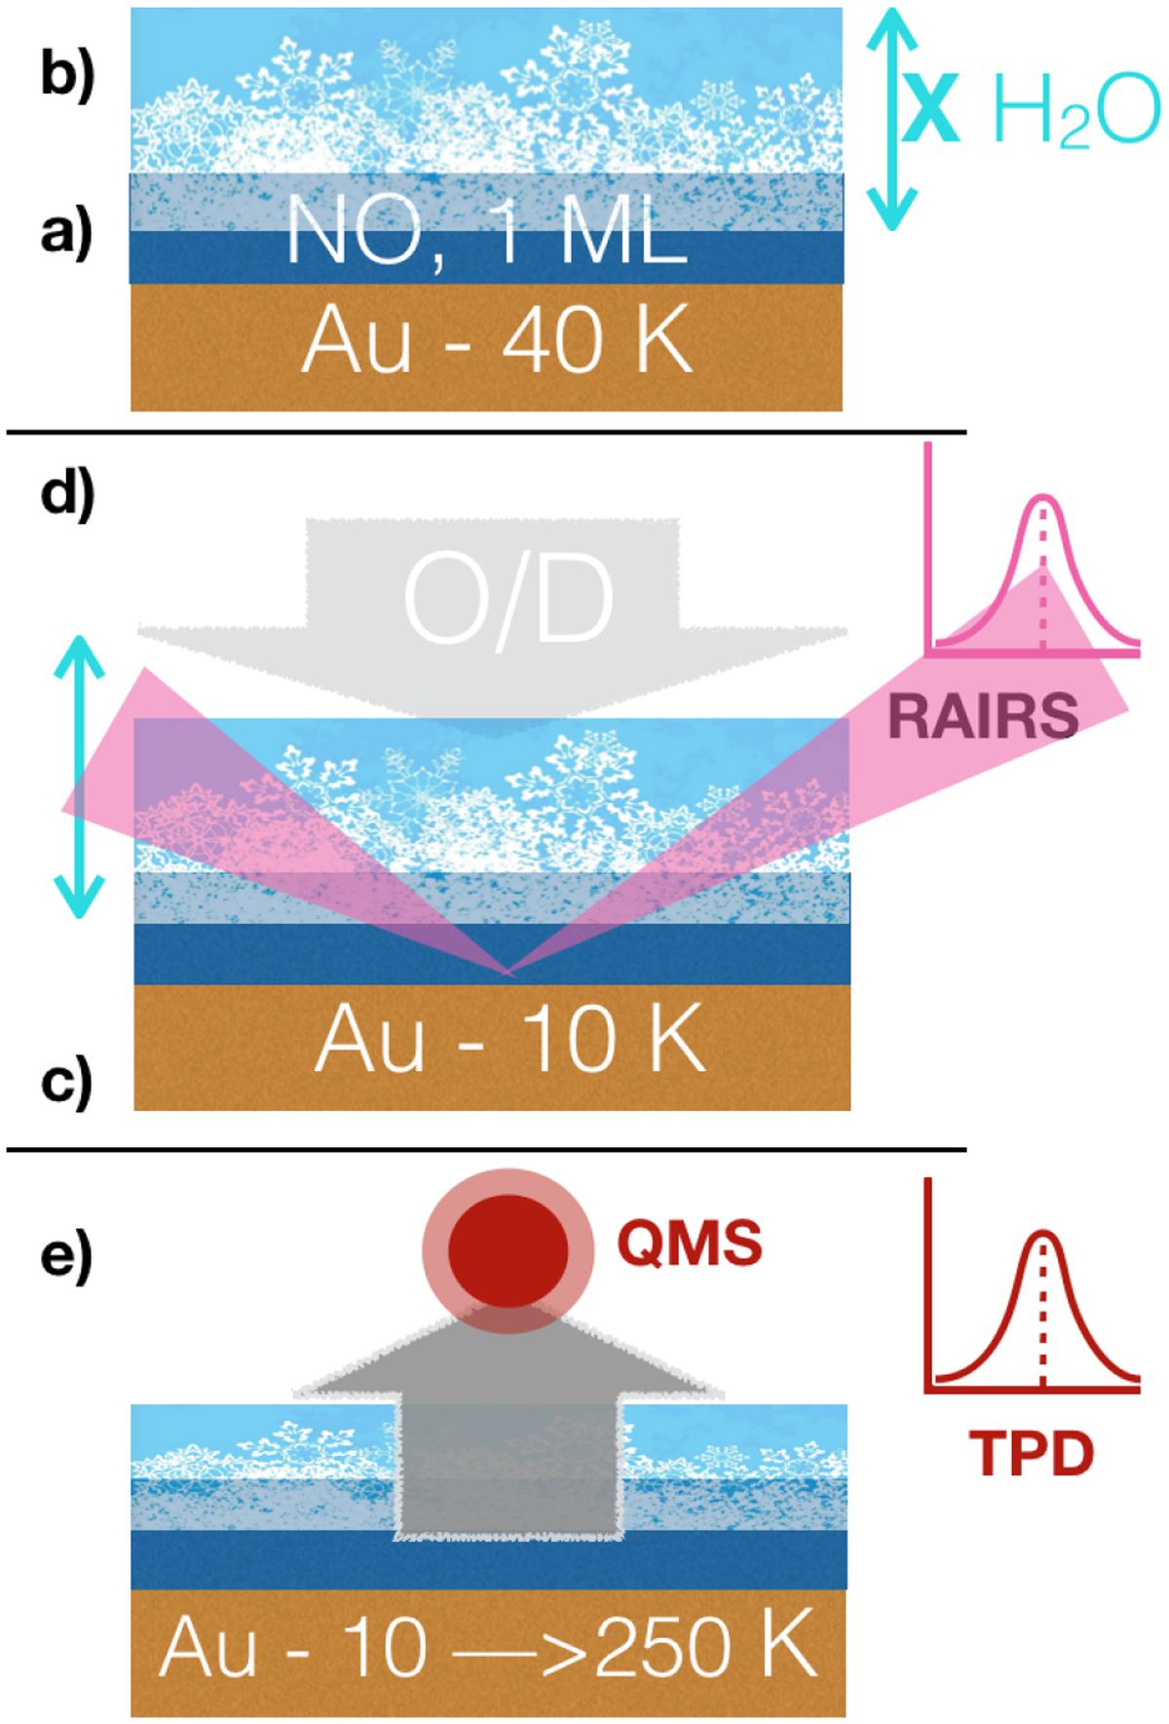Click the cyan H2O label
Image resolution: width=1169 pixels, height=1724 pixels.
click(x=1075, y=111)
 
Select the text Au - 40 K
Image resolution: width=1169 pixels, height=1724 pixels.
click(x=497, y=341)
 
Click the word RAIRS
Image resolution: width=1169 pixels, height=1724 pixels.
click(x=983, y=716)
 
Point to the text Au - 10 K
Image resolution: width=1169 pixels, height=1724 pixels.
click(x=509, y=1040)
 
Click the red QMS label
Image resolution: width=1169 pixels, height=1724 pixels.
click(x=690, y=1244)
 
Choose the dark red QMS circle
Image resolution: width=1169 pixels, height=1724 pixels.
click(x=508, y=1250)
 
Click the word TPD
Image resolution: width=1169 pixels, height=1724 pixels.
click(x=1032, y=1453)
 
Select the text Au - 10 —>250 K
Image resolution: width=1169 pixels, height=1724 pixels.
click(x=487, y=1648)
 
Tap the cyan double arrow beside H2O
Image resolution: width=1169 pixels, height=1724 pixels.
click(x=891, y=119)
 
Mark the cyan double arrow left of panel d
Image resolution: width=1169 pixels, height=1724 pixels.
click(x=79, y=777)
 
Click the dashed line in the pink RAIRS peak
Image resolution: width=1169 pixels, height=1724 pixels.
click(x=1043, y=575)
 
